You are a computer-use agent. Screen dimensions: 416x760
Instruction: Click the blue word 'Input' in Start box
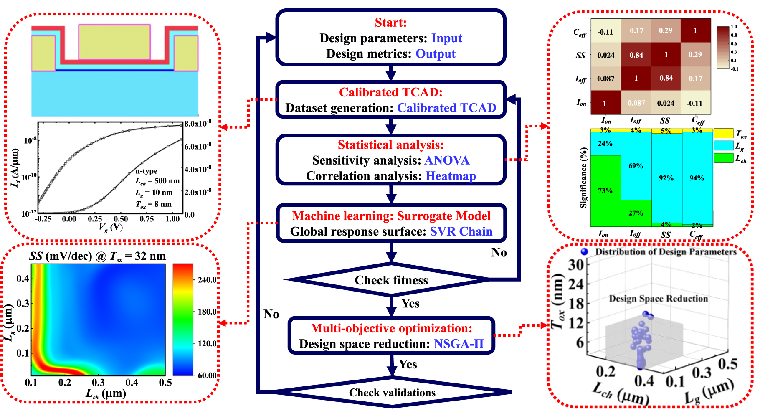pyautogui.click(x=446, y=38)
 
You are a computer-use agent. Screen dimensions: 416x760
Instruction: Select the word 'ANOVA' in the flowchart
pyautogui.click(x=447, y=160)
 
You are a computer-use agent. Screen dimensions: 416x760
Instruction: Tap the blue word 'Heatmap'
pyautogui.click(x=451, y=176)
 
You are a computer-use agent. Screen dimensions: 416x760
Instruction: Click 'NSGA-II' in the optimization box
pyautogui.click(x=459, y=344)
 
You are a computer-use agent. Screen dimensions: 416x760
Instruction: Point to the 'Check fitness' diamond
pyautogui.click(x=391, y=280)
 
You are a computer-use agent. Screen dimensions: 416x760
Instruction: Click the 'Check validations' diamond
pyautogui.click(x=392, y=393)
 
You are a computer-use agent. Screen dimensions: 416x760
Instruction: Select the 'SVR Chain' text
pyautogui.click(x=461, y=231)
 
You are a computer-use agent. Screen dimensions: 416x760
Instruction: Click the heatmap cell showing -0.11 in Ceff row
pyautogui.click(x=605, y=32)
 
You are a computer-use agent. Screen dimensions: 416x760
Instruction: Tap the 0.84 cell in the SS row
pyautogui.click(x=636, y=55)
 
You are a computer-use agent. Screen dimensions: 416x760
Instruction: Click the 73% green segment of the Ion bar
pyautogui.click(x=605, y=190)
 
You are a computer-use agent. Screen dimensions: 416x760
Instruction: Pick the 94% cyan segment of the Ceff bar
pyautogui.click(x=697, y=178)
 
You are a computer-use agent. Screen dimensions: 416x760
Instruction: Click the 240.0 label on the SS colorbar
pyautogui.click(x=207, y=280)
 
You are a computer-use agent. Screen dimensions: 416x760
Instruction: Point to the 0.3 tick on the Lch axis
pyautogui.click(x=98, y=383)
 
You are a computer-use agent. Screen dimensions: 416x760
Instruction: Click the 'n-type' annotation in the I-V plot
pyautogui.click(x=146, y=171)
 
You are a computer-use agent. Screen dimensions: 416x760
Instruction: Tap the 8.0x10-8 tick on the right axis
pyautogui.click(x=198, y=124)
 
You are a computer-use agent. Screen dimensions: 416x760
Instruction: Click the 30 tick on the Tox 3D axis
pyautogui.click(x=576, y=265)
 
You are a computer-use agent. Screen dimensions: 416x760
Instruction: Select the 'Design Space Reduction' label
pyautogui.click(x=658, y=299)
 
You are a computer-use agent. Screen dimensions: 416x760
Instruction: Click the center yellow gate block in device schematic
pyautogui.click(x=114, y=42)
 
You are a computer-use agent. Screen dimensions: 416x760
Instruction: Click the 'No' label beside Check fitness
pyautogui.click(x=499, y=253)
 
